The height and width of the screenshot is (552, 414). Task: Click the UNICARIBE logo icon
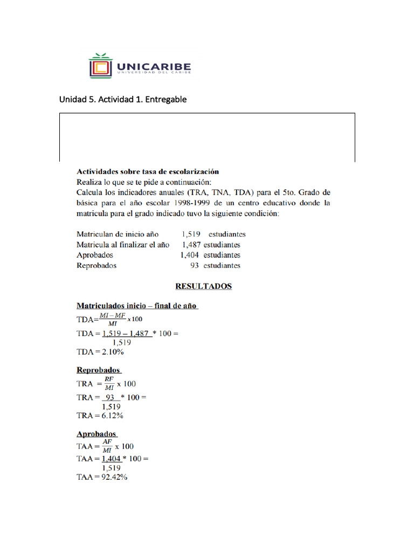(100, 66)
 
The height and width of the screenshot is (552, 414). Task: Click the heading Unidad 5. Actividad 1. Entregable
(123, 99)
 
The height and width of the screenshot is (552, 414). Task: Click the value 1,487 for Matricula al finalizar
(191, 245)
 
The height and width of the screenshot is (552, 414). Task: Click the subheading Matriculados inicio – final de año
(137, 306)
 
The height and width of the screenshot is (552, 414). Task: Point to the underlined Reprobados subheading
(99, 370)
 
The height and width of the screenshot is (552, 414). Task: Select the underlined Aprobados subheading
(96, 433)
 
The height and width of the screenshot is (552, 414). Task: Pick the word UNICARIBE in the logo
(153, 66)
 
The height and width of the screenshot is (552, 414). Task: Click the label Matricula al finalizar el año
(123, 245)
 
